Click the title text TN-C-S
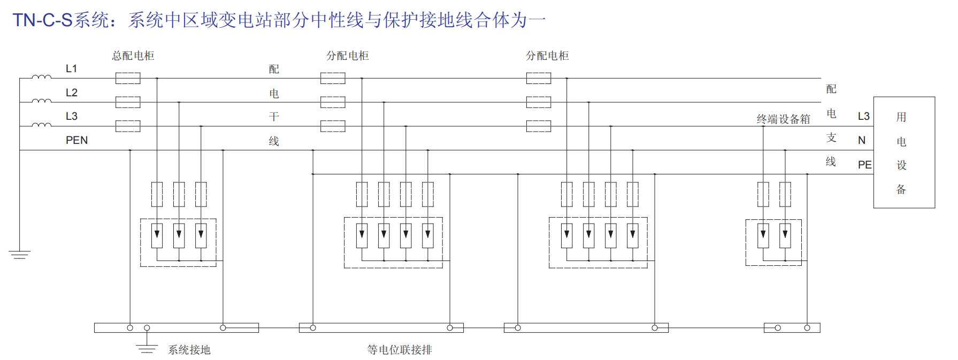point(42,20)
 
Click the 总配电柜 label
point(133,56)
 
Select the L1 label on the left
point(71,68)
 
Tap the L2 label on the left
point(72,93)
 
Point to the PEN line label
point(76,140)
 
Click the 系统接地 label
point(189,350)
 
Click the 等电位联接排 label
point(400,350)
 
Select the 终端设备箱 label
point(783,119)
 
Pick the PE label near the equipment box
point(864,165)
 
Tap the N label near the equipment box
point(862,140)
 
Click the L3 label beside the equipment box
point(863,116)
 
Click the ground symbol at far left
point(20,254)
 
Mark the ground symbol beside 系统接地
point(147,348)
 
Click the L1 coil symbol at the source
point(42,77)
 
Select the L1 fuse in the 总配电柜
point(128,78)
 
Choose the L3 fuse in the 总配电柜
point(128,126)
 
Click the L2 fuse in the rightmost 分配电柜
point(539,102)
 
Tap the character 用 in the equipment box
point(901,117)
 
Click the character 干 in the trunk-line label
point(274,117)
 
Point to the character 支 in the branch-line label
point(831,137)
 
